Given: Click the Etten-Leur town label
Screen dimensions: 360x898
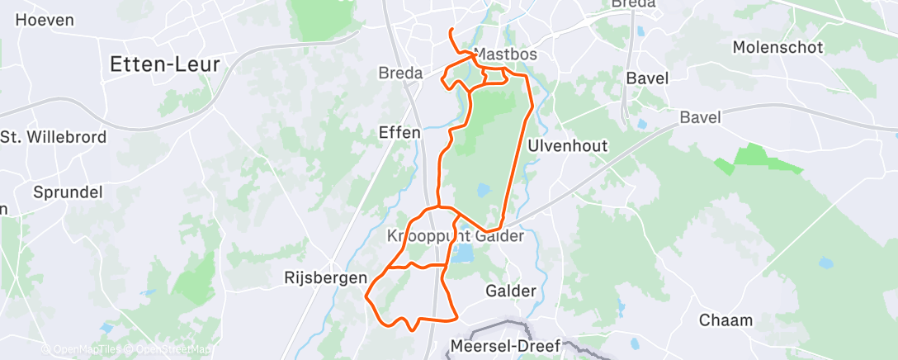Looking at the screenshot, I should point(166,64).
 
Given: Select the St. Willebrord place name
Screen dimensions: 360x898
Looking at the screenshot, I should point(54,137).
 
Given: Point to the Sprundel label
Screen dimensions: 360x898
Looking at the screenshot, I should point(68,192).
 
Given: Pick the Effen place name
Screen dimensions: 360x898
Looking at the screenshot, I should point(399,132).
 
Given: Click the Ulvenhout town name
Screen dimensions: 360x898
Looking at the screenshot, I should point(579,146).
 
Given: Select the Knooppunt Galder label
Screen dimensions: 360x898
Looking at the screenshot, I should point(456,236).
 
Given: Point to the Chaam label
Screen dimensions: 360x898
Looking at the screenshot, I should point(725,320).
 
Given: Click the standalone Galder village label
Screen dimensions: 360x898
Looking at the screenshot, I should point(511,291).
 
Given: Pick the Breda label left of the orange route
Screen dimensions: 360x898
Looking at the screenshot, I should point(400,73).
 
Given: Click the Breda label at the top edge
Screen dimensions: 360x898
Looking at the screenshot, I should point(633,4).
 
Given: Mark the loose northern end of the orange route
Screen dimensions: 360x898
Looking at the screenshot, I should point(451,31).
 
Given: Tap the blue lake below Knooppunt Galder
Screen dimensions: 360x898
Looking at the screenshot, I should point(462,254).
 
